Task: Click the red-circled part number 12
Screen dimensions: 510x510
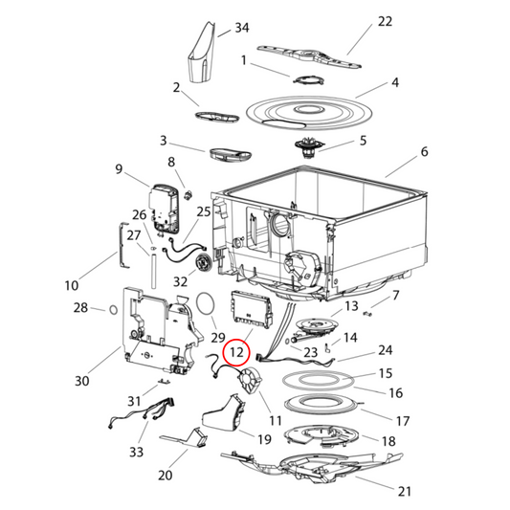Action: [x=236, y=352]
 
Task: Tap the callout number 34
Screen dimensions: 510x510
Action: [x=242, y=28]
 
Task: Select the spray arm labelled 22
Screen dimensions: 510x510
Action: [x=309, y=56]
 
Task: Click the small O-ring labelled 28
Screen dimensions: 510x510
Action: [x=113, y=309]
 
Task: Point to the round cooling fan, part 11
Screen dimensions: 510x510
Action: [x=251, y=379]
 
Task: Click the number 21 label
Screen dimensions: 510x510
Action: [x=405, y=491]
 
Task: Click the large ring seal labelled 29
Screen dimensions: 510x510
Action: [x=205, y=303]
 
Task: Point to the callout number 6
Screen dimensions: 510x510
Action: [x=424, y=151]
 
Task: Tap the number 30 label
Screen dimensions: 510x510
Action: [x=82, y=381]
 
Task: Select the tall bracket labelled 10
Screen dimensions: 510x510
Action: [x=123, y=245]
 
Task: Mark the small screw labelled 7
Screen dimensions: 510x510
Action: [x=367, y=314]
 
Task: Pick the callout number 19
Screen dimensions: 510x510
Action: [x=264, y=439]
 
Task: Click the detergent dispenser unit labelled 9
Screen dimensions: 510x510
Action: [x=165, y=209]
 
